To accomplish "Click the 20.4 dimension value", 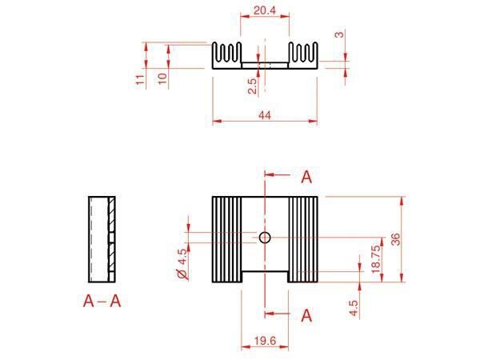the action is (x=265, y=10).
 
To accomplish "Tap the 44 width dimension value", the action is (x=265, y=115).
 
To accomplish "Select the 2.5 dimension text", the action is (x=252, y=86).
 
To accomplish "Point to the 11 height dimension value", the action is (x=139, y=79).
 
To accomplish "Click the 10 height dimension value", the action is (x=162, y=78).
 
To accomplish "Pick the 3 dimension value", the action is (x=339, y=34).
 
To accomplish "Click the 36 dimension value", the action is (x=395, y=239).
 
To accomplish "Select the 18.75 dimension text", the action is (x=376, y=259).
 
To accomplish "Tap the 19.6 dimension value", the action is (x=265, y=341).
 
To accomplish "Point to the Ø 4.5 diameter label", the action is (x=182, y=264).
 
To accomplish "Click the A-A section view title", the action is (x=102, y=302).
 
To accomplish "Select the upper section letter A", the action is (x=306, y=177).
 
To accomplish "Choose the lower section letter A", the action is (x=306, y=316).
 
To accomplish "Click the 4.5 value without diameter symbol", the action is (x=354, y=308).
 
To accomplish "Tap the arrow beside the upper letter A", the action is (x=278, y=174).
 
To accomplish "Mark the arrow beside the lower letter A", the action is (x=278, y=313).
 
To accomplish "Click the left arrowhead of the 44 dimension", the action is (x=217, y=122).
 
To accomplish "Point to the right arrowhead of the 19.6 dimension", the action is (x=284, y=347).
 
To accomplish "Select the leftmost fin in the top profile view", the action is (x=214, y=51).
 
